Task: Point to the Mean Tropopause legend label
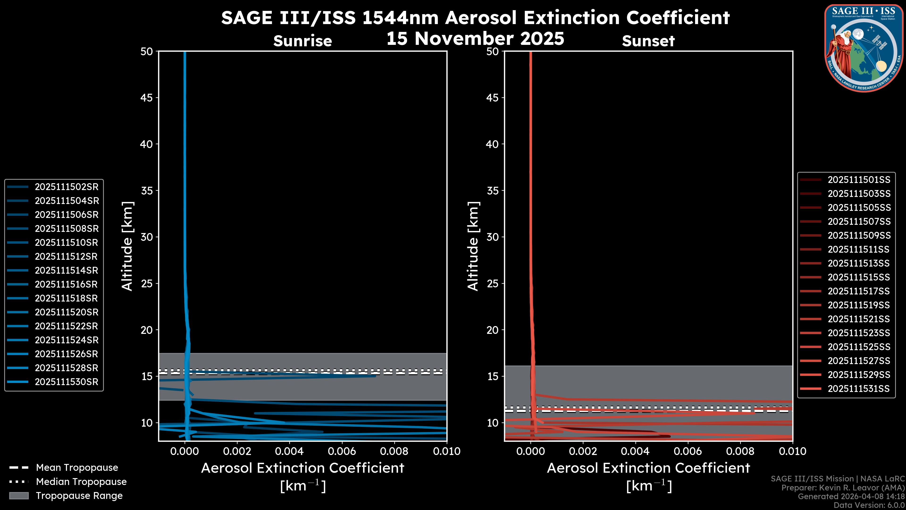click(77, 468)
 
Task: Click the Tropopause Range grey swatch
click(19, 496)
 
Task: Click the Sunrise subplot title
click(302, 41)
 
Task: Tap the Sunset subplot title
click(648, 41)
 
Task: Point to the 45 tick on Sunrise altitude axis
click(147, 98)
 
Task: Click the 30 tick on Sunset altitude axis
click(493, 237)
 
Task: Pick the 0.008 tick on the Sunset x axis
click(740, 451)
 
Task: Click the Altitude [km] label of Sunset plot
click(473, 246)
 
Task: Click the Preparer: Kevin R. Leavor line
click(843, 488)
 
